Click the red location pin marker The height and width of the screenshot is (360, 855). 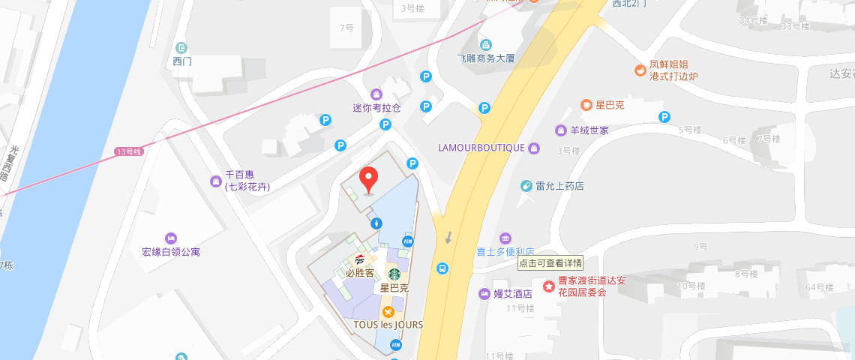click(x=368, y=179)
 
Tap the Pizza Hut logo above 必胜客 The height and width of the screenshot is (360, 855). click(x=360, y=259)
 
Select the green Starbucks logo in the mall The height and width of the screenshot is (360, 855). click(x=394, y=274)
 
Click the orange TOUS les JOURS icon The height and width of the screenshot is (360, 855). click(x=388, y=312)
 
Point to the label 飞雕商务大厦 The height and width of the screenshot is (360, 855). click(x=486, y=58)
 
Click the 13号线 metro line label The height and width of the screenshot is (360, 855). click(x=128, y=151)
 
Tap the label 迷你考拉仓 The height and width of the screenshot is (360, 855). click(x=376, y=107)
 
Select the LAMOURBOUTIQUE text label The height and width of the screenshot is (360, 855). click(x=481, y=148)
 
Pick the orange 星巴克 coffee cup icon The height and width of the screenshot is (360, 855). click(x=586, y=105)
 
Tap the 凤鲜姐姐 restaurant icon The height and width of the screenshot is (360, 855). click(x=640, y=70)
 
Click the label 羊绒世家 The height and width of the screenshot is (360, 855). click(x=589, y=130)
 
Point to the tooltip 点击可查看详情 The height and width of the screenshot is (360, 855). click(x=550, y=263)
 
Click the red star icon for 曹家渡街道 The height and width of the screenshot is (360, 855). click(x=548, y=286)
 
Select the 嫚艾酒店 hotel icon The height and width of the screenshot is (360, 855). click(x=484, y=293)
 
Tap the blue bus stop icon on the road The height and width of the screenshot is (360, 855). click(x=443, y=268)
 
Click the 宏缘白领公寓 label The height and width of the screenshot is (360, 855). click(x=171, y=252)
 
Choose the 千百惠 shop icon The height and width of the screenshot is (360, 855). click(x=216, y=181)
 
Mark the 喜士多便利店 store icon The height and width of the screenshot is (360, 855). click(x=505, y=238)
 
